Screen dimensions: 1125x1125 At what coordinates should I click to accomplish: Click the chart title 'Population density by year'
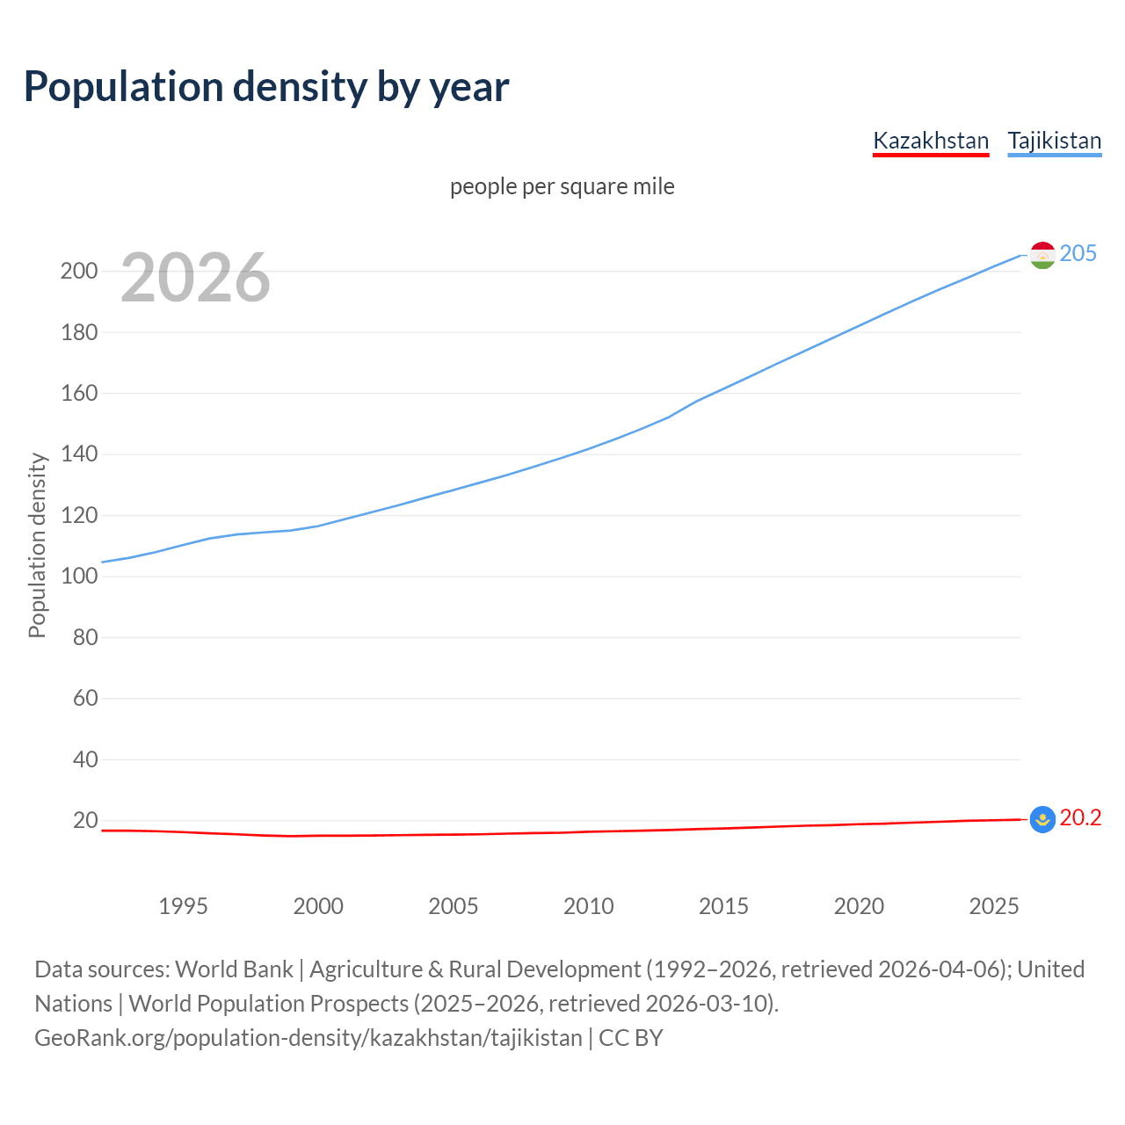[x=266, y=87]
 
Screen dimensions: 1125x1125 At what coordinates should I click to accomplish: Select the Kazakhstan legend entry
[x=931, y=141]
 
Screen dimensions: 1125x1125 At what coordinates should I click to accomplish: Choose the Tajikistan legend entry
[x=1054, y=141]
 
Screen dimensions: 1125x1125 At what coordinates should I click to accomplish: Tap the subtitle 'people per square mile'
[x=562, y=186]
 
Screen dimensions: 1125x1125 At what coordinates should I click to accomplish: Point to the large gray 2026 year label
[x=195, y=278]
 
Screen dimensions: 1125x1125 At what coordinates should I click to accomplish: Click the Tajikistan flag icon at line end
[x=1042, y=255]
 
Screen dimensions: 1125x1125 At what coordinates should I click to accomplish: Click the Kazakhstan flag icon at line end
[x=1042, y=819]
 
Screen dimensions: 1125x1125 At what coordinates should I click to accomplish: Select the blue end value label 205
[x=1078, y=253]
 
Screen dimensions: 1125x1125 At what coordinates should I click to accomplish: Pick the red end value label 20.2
[x=1080, y=818]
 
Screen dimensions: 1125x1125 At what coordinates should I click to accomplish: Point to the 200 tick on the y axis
[x=79, y=271]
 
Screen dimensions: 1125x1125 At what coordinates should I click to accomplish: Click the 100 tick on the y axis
[x=79, y=577]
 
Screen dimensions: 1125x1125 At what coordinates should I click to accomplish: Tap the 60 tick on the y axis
[x=84, y=699]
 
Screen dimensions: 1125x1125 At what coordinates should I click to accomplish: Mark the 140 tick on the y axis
[x=79, y=454]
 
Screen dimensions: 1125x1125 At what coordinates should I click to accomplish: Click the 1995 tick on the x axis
[x=183, y=906]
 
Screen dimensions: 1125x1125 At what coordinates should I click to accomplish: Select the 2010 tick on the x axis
[x=588, y=906]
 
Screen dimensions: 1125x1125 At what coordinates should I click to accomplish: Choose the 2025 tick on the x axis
[x=993, y=906]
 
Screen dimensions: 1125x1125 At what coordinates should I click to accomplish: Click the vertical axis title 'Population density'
[x=37, y=545]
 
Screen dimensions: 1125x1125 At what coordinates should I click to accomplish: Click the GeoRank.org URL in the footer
[x=308, y=1038]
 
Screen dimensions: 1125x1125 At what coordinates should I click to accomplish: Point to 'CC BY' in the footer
[x=630, y=1038]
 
